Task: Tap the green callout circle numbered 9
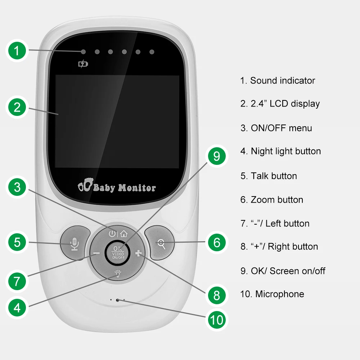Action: point(216,156)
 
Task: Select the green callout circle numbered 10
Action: point(216,320)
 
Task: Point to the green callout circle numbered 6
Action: point(217,242)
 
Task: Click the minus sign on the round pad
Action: point(96,253)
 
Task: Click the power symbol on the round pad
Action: point(112,233)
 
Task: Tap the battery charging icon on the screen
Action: point(83,64)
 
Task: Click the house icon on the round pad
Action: point(123,233)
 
